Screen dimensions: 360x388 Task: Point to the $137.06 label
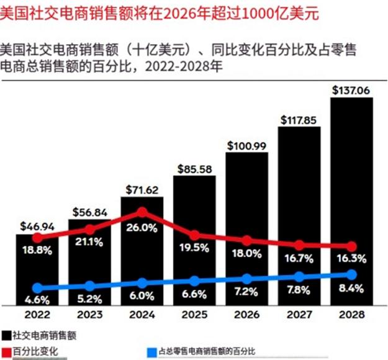pyautogui.click(x=351, y=91)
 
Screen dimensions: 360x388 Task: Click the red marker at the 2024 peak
pyautogui.click(x=142, y=213)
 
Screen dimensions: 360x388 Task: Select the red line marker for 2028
pyautogui.click(x=352, y=246)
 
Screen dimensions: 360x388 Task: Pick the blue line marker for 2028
pyautogui.click(x=352, y=274)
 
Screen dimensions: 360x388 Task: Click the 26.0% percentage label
pyautogui.click(x=142, y=228)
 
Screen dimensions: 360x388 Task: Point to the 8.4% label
pyautogui.click(x=352, y=288)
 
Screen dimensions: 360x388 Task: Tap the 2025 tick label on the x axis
pyautogui.click(x=194, y=315)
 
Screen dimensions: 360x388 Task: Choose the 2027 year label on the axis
pyautogui.click(x=299, y=315)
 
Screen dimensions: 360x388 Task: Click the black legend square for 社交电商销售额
pyautogui.click(x=5, y=335)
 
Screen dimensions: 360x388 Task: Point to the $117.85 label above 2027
pyautogui.click(x=299, y=119)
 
